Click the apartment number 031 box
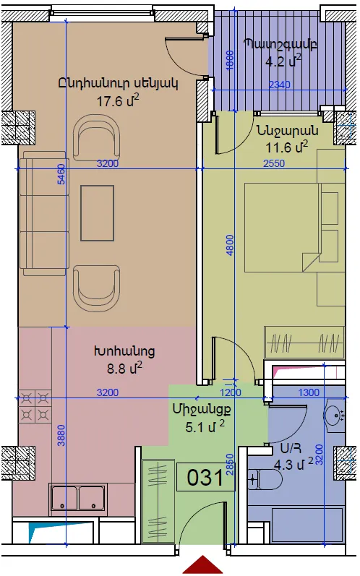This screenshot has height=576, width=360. (x=205, y=477)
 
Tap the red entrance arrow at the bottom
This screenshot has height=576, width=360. (x=202, y=564)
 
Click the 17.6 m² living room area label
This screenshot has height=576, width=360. (x=118, y=100)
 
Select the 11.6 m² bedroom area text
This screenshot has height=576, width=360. (x=287, y=147)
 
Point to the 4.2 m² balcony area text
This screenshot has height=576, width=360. (x=283, y=60)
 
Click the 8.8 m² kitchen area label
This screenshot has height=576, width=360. (x=124, y=368)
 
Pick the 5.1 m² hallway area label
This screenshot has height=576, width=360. (x=205, y=427)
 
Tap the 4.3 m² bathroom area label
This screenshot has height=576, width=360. (x=293, y=464)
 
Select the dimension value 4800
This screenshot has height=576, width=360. (x=230, y=245)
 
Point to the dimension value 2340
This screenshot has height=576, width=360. (x=280, y=85)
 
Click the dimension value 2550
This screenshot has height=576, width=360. (x=274, y=163)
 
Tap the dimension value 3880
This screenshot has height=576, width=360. (x=61, y=435)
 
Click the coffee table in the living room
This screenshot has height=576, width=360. (x=98, y=213)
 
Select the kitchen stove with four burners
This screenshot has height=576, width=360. (x=35, y=406)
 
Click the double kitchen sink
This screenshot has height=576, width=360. (x=79, y=497)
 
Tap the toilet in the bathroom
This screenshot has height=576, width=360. (x=265, y=479)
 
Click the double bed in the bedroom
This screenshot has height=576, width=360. (x=283, y=228)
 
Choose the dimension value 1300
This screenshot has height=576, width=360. (x=309, y=392)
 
